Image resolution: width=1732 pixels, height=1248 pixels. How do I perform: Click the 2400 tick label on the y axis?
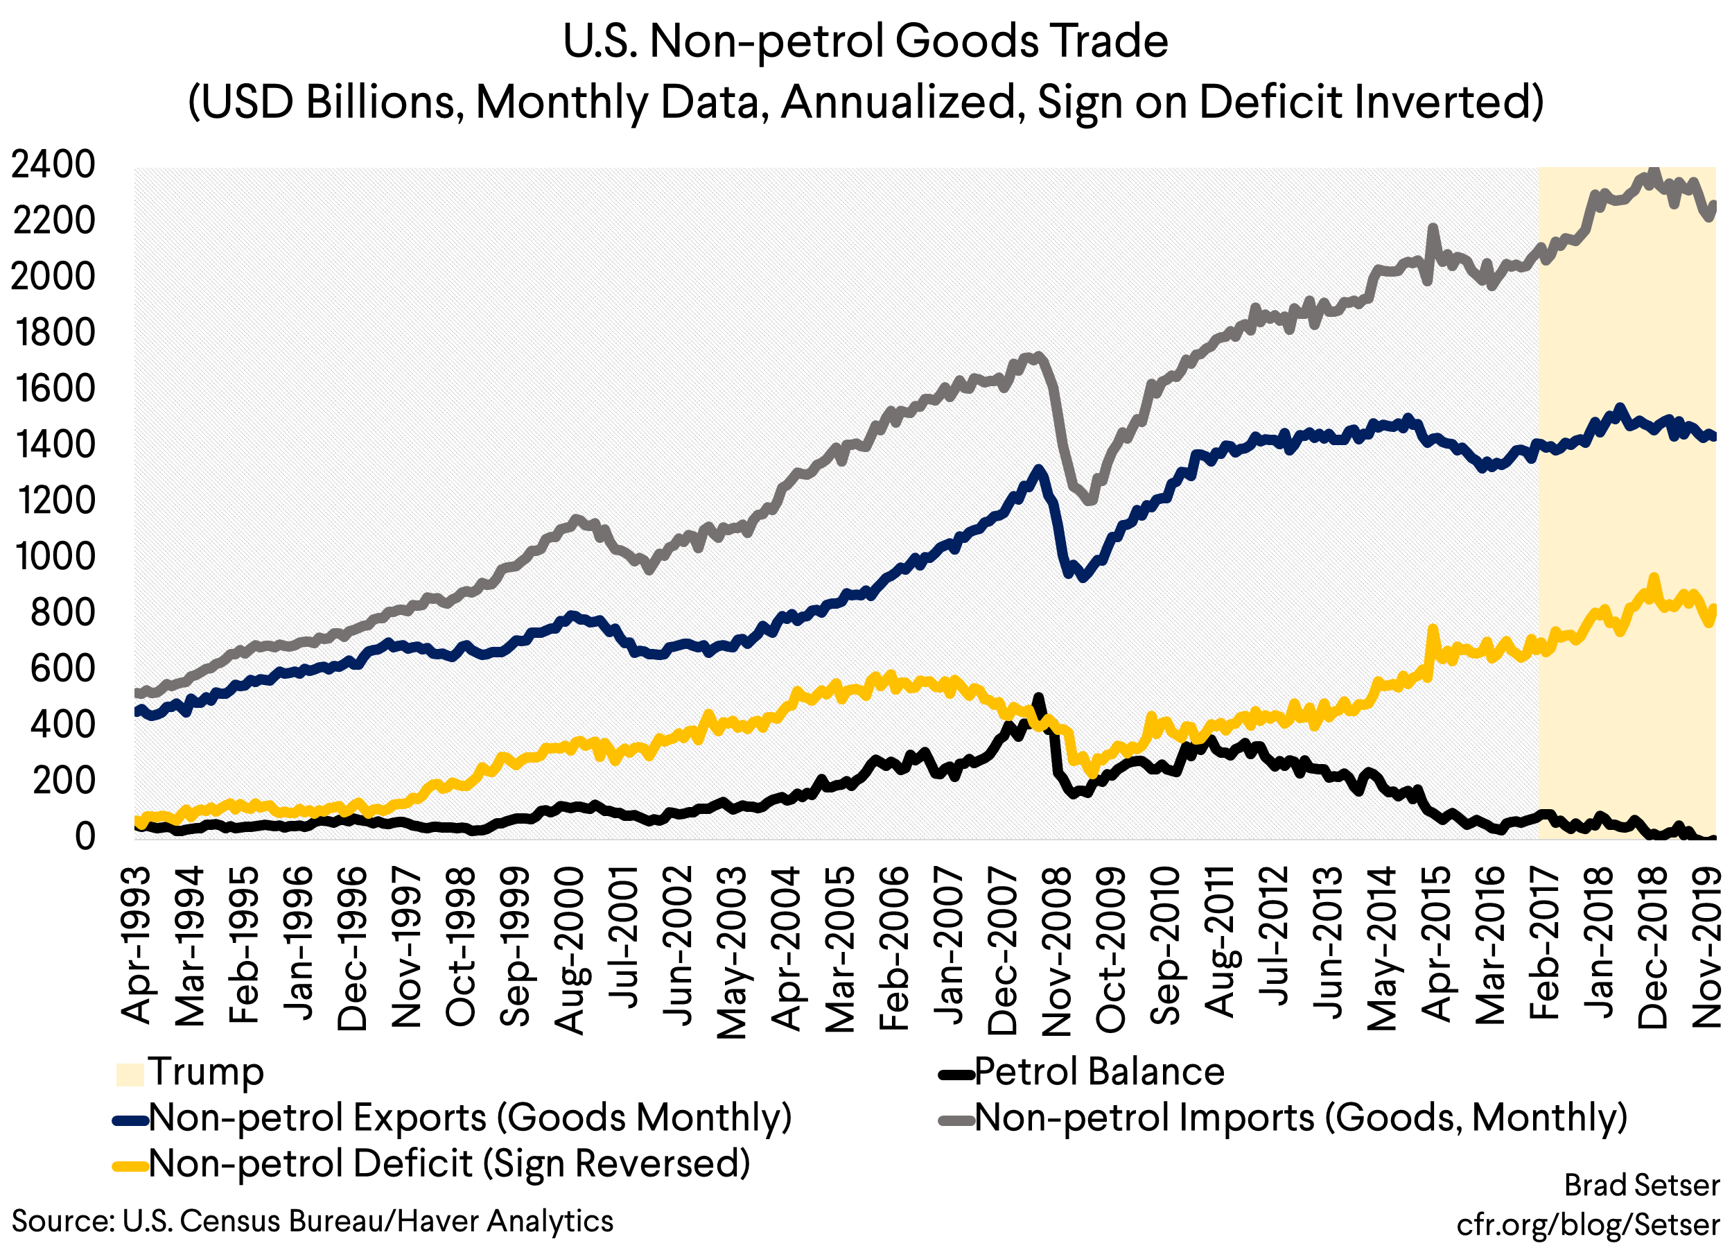tap(53, 164)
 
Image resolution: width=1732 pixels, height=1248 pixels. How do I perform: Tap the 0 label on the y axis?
tap(85, 836)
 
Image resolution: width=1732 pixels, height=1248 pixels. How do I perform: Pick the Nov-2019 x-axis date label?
tap(1707, 950)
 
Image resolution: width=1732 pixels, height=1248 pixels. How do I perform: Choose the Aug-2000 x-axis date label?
tap(569, 950)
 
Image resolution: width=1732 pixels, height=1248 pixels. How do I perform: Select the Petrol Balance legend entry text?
tap(1099, 1072)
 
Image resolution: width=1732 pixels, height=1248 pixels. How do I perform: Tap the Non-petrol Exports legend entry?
tap(470, 1118)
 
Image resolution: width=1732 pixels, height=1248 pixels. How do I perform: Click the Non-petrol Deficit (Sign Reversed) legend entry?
tap(449, 1163)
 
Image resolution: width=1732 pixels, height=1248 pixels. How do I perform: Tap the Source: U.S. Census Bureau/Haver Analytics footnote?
tap(313, 1220)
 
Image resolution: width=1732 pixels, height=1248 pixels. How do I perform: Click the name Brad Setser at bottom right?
tap(1642, 1185)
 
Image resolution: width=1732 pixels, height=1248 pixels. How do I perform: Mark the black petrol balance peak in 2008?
tap(1038, 697)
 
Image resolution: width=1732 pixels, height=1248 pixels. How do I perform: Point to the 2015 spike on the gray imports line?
tap(1433, 227)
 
